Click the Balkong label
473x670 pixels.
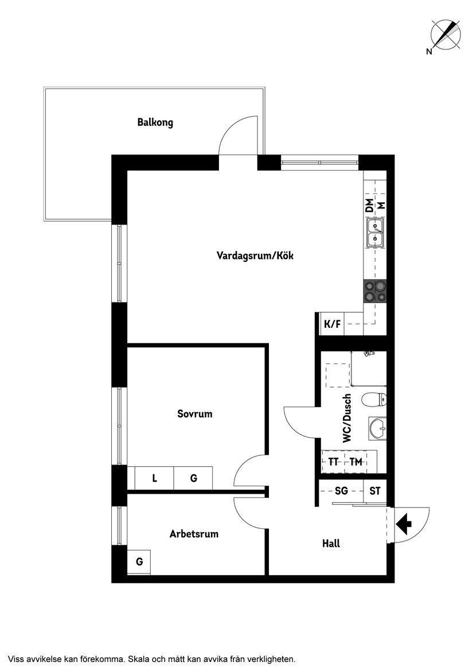pyautogui.click(x=155, y=122)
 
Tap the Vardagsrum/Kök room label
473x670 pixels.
pyautogui.click(x=255, y=256)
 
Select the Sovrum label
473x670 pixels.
pyautogui.click(x=195, y=413)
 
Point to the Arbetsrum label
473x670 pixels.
pyautogui.click(x=194, y=534)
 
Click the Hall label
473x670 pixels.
pyautogui.click(x=331, y=543)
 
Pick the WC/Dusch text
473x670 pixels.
pyautogui.click(x=347, y=418)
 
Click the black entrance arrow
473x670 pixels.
pyautogui.click(x=404, y=523)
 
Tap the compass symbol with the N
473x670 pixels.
pyautogui.click(x=445, y=34)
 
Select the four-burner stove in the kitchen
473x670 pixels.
pyautogui.click(x=376, y=291)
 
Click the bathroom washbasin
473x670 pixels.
pyautogui.click(x=378, y=428)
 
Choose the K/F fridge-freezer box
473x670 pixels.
pyautogui.click(x=333, y=324)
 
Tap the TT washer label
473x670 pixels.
pyautogui.click(x=333, y=462)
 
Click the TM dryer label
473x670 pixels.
pyautogui.click(x=356, y=462)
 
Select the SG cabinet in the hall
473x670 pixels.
pyautogui.click(x=341, y=491)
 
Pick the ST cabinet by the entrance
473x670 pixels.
pyautogui.click(x=375, y=491)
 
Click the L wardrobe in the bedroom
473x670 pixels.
pyautogui.click(x=154, y=478)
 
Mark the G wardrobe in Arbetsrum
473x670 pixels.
pyautogui.click(x=139, y=561)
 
